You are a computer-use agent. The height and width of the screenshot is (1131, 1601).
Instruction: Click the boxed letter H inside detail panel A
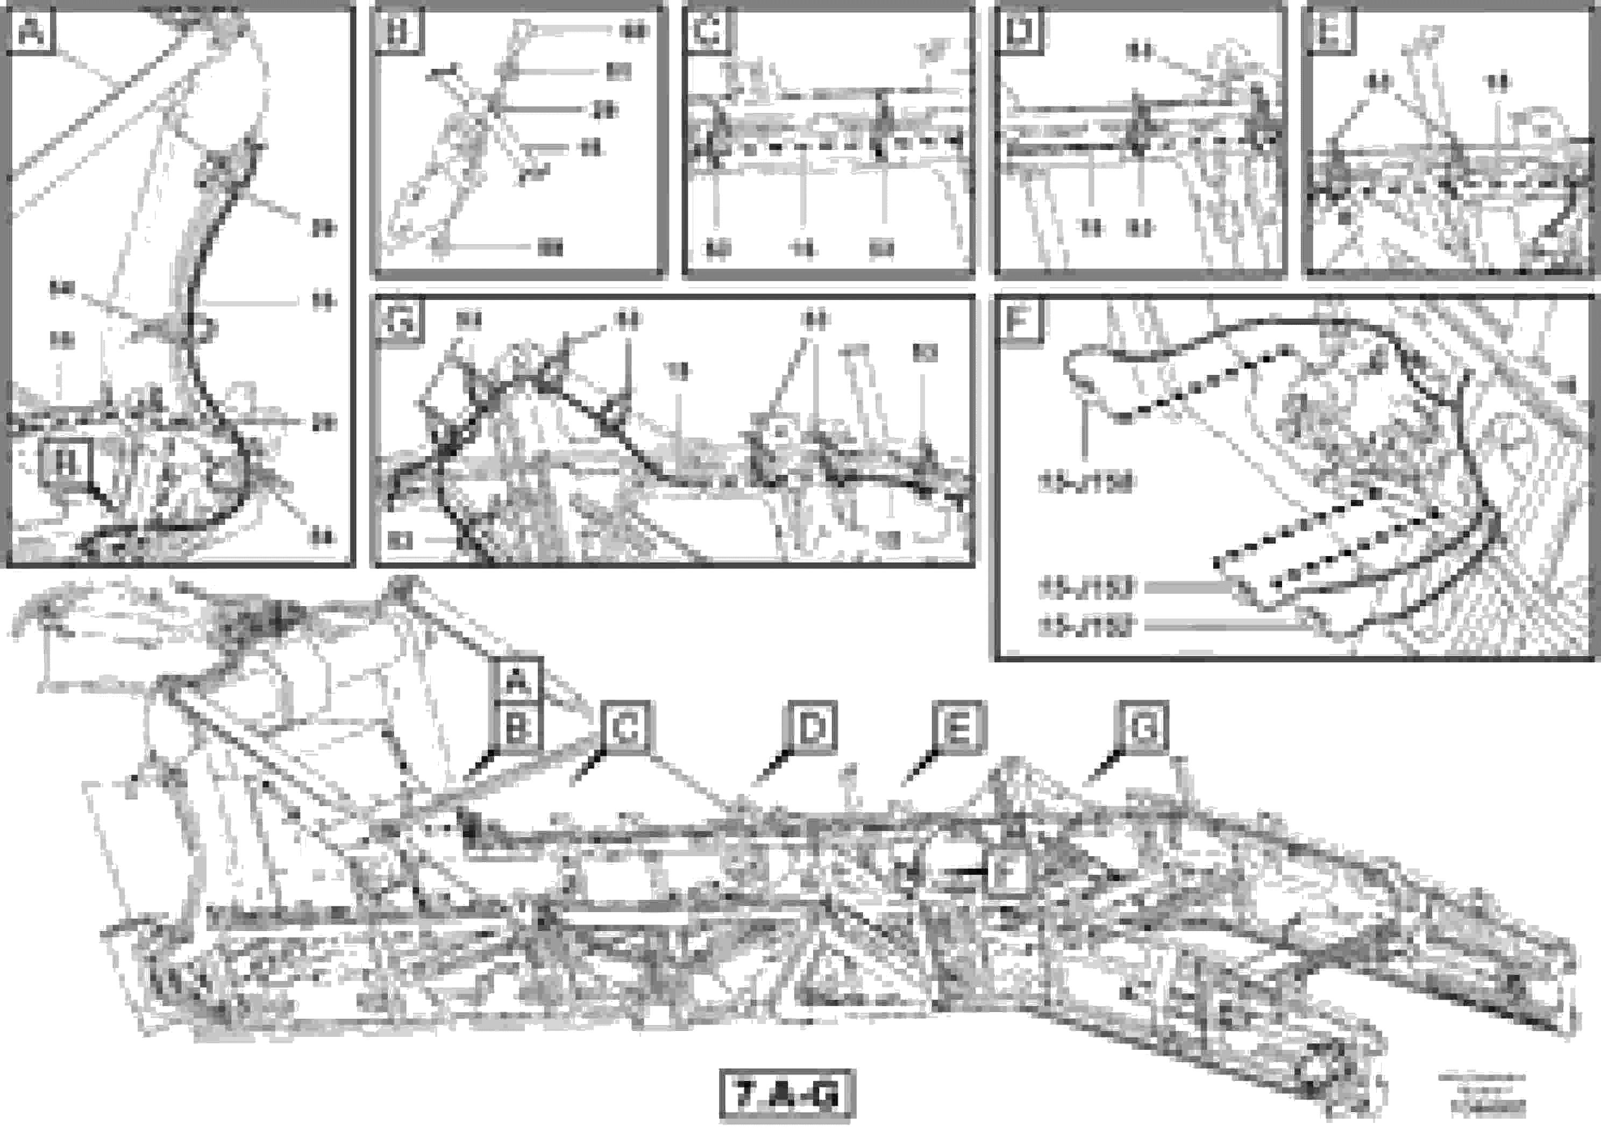tap(67, 461)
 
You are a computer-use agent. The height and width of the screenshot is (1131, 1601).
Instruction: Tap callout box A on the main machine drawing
tap(517, 680)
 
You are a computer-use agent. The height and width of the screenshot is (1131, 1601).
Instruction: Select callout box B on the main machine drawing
tap(517, 730)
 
